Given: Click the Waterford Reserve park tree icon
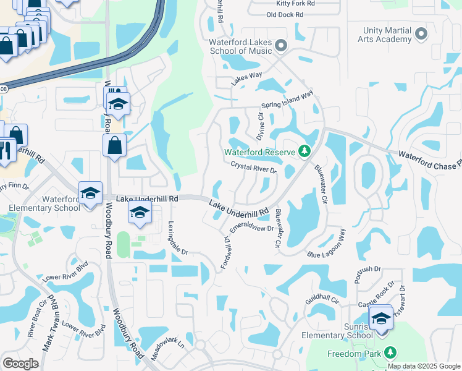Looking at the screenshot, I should pos(304,151).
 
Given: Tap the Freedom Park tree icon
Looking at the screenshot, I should pos(390,352).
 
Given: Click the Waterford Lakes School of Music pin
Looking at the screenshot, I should pos(281,45).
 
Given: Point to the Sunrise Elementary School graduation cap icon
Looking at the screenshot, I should pos(382,319).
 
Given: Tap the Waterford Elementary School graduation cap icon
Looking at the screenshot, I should pos(90,193).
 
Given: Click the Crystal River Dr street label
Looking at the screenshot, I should pos(253,167).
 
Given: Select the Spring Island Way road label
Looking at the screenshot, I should pos(287,100).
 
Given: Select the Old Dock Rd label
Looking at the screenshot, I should pos(285,14).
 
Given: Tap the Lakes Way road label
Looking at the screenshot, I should pos(247,79).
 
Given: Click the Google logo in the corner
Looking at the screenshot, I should pos(21,363).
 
